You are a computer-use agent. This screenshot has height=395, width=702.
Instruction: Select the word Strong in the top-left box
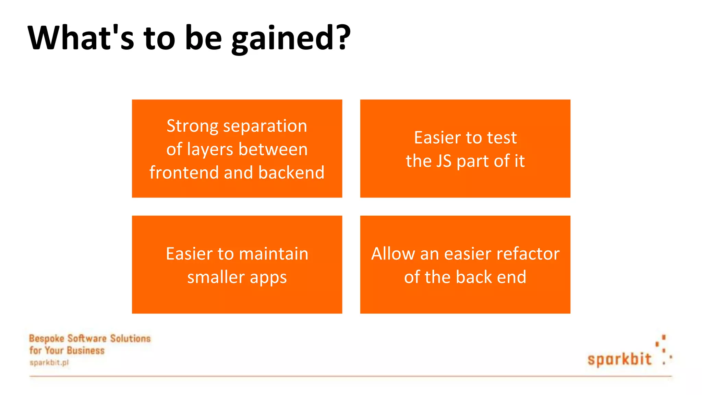tap(192, 126)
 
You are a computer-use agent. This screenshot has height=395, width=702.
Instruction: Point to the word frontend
tap(184, 172)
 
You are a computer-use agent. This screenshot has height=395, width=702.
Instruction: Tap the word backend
tap(291, 172)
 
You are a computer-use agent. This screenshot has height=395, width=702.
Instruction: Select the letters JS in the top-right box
tap(444, 161)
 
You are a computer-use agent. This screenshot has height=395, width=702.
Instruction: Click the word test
tap(502, 138)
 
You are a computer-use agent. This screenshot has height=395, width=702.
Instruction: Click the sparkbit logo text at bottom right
tap(619, 359)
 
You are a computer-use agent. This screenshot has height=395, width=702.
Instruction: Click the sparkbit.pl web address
tap(49, 363)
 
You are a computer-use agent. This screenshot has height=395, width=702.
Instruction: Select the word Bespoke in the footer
tap(47, 339)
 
